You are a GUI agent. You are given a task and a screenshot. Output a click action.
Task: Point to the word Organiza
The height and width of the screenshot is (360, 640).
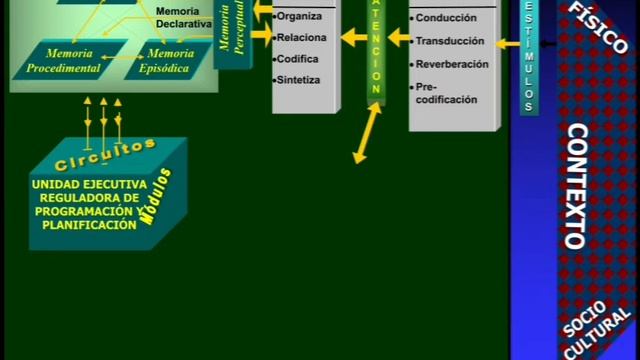[300, 16]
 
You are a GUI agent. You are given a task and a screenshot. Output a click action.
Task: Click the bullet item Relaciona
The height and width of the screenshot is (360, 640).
[303, 38]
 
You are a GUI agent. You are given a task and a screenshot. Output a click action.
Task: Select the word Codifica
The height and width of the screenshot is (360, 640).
[299, 59]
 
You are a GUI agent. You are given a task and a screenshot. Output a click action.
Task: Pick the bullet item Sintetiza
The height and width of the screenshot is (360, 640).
[301, 80]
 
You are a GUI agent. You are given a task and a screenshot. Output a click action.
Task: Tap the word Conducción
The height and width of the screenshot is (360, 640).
[446, 17]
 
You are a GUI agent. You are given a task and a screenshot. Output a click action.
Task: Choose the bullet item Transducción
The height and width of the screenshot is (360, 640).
[450, 41]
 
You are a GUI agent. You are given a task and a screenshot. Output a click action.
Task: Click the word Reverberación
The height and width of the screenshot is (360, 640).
[452, 64]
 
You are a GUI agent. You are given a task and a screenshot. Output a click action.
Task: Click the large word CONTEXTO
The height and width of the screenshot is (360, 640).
[577, 185]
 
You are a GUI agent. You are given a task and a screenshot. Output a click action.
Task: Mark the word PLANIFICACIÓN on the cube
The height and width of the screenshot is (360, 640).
[89, 225]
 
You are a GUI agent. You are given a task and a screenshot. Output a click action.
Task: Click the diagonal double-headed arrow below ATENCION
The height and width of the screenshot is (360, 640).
[367, 131]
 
